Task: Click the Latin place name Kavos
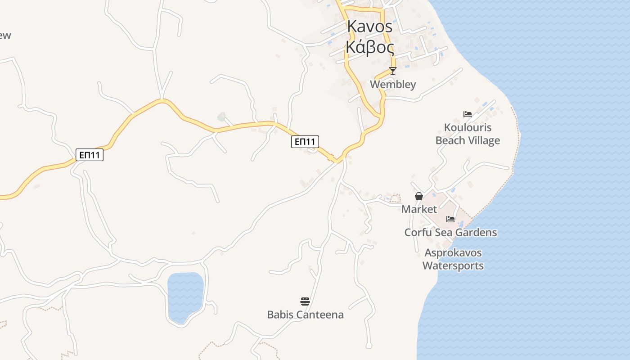[370, 27]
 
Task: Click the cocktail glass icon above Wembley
[393, 71]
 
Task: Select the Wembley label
[393, 84]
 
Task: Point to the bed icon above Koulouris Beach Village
[468, 114]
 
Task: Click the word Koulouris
[468, 127]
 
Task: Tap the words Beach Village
[468, 140]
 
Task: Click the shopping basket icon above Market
[419, 196]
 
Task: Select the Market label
[419, 209]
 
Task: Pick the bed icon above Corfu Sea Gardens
[450, 219]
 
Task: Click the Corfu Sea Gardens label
[450, 232]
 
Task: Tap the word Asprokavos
[453, 252]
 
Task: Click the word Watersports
[453, 265]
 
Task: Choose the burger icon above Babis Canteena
[305, 301]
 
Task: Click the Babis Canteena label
[305, 315]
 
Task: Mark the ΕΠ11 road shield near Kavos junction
[305, 142]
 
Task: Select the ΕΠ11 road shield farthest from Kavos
[90, 155]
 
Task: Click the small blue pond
[185, 297]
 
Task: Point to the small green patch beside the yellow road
[221, 117]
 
